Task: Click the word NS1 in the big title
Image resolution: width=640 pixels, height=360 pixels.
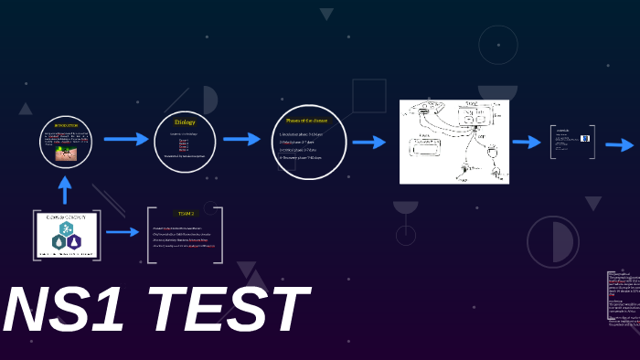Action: point(64,311)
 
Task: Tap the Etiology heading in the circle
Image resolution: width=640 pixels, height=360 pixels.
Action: point(185,122)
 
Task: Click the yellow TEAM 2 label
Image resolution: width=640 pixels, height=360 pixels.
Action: point(186,213)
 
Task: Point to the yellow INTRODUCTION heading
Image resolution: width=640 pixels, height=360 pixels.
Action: point(66,125)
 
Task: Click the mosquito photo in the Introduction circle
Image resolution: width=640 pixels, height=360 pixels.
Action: point(66,154)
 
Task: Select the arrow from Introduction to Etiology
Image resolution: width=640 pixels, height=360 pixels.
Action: point(125,139)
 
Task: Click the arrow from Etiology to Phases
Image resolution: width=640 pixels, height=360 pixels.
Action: point(241,139)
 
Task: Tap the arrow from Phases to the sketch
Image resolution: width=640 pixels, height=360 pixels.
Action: point(368,142)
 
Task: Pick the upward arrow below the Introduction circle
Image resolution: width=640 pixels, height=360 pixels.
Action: point(65,189)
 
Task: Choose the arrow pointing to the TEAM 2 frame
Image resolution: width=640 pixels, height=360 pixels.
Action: point(123,232)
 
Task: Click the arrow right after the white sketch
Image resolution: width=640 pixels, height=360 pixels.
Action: point(527,142)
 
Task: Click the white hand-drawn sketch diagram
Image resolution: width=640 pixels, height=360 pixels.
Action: point(453,142)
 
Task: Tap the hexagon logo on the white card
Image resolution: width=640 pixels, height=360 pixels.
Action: point(66,237)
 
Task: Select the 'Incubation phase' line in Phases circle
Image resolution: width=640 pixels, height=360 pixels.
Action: point(301,133)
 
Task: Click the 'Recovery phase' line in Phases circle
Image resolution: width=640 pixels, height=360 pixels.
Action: point(301,157)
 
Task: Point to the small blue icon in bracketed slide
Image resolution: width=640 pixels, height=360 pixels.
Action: point(585,139)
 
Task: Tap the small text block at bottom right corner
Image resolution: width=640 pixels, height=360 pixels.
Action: point(624,297)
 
